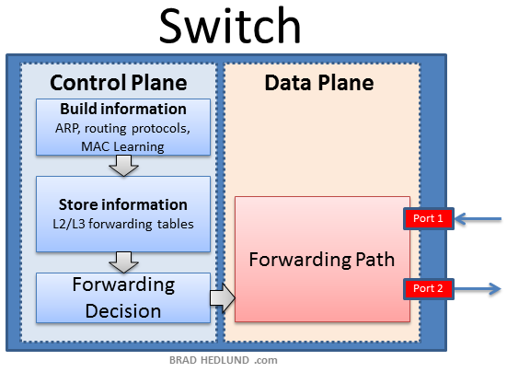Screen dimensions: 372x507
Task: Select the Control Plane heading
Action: click(118, 83)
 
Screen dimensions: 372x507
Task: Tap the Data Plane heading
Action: click(319, 83)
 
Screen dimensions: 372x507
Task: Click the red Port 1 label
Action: click(428, 218)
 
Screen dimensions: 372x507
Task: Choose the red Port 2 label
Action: click(428, 289)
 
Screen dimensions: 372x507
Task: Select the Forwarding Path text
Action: click(320, 259)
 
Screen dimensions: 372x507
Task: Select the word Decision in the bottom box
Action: click(122, 310)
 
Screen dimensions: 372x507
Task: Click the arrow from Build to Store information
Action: click(122, 166)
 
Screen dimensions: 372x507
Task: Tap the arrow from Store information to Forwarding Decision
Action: click(122, 261)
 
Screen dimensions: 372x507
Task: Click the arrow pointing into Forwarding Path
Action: click(222, 298)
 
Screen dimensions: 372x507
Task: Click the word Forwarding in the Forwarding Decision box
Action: click(122, 285)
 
